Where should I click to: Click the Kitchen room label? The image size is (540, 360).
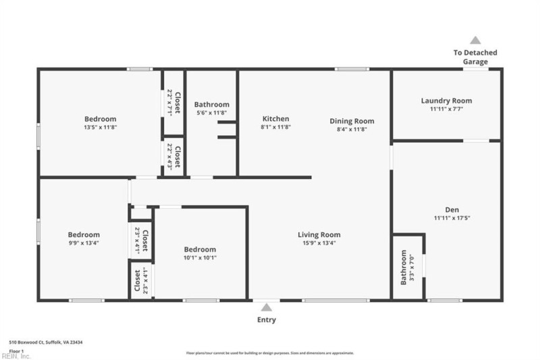275,119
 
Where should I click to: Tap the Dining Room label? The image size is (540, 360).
352,121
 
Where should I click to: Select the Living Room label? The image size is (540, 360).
319,234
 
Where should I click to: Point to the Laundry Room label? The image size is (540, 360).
446,101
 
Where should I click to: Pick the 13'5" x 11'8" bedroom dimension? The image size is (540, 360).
100,127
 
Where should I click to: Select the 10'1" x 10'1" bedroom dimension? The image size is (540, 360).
200,257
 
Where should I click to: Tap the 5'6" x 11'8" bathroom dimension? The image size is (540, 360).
211,113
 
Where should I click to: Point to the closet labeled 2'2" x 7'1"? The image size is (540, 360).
173,102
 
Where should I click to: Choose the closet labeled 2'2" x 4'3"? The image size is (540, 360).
173,157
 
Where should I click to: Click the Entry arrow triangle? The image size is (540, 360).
267,307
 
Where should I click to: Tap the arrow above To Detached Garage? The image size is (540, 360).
475,41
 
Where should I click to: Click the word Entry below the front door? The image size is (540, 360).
267,320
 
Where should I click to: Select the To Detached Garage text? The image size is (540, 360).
475,57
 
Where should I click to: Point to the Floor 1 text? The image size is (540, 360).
17,351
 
